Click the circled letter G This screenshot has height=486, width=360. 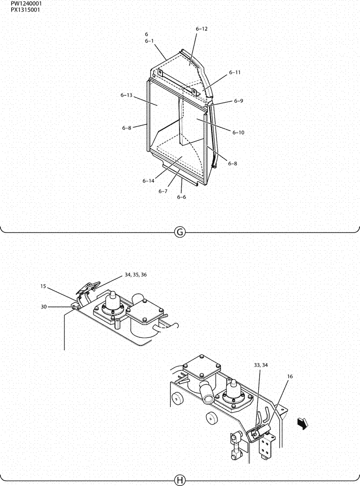tap(180, 232)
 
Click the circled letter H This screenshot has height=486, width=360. tap(180, 480)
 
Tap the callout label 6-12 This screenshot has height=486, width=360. tap(201, 29)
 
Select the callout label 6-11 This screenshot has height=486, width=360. tap(234, 72)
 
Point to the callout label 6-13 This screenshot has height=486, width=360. tap(126, 95)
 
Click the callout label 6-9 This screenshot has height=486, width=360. tap(238, 101)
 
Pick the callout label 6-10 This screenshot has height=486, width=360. tap(238, 132)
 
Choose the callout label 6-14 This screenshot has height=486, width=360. tap(148, 181)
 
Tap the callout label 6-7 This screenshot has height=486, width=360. tap(163, 191)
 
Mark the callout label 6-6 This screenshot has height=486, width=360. tap(181, 197)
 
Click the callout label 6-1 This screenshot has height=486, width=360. tap(149, 41)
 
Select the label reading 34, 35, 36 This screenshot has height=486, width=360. tap(135, 275)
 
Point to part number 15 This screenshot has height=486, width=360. tap(44, 287)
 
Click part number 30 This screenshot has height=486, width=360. tap(44, 306)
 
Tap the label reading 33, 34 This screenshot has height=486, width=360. tap(261, 364)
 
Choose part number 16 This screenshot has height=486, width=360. tap(290, 376)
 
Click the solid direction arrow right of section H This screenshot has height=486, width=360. tap(302, 424)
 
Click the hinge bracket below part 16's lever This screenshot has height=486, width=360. tap(266, 445)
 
